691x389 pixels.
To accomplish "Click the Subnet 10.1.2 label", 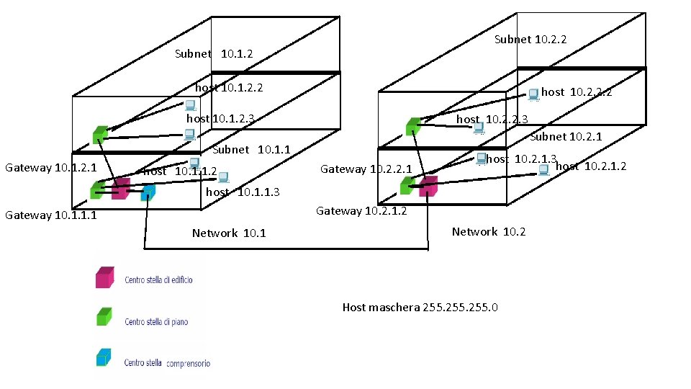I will coord(214,54).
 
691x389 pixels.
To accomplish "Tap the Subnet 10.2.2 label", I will coord(530,40).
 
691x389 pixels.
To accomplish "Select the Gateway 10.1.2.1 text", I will coord(51,168).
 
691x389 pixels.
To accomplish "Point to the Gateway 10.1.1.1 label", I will coord(51,215).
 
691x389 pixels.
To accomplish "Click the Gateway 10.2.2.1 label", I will coord(366,169).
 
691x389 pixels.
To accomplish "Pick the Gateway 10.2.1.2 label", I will coord(361,210).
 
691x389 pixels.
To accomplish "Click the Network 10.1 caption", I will coord(228,233).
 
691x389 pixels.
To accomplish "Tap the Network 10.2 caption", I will coord(489,231).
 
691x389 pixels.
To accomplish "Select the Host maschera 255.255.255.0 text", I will coord(420,308).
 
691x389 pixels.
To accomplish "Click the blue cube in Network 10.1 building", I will coord(148,192).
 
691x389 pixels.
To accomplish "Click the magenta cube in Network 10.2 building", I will coord(428,186).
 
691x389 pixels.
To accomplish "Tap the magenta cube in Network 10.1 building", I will coord(120,189).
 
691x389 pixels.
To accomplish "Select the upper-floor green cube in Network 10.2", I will coord(412,127).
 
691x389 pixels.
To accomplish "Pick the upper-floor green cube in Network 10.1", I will coord(100,134).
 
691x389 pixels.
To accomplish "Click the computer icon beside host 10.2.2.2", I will coord(533,94).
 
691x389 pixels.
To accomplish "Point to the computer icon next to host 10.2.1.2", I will coord(544,169).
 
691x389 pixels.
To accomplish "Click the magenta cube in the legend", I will coord(105,278).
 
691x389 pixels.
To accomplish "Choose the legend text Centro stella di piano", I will coord(156,322).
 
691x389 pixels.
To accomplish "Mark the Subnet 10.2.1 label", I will coord(566,137).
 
